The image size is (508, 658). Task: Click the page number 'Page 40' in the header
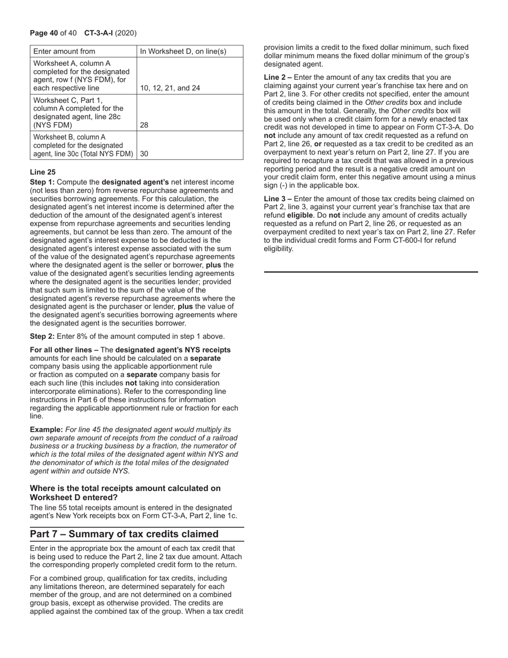pos(44,33)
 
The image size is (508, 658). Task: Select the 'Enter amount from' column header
pos(64,51)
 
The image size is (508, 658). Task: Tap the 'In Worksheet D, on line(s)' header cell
pos(183,51)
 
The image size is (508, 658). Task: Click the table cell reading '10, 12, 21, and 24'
pos(170,88)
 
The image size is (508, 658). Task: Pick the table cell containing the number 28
pos(144,125)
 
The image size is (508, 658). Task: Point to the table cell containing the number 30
pos(144,154)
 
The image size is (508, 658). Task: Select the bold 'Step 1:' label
pos(42,182)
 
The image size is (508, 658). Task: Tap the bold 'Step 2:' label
pos(42,336)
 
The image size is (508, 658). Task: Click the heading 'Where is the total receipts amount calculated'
pos(125,488)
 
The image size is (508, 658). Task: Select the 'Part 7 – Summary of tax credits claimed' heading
pos(124,534)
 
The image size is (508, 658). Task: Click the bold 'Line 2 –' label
pos(278,77)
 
